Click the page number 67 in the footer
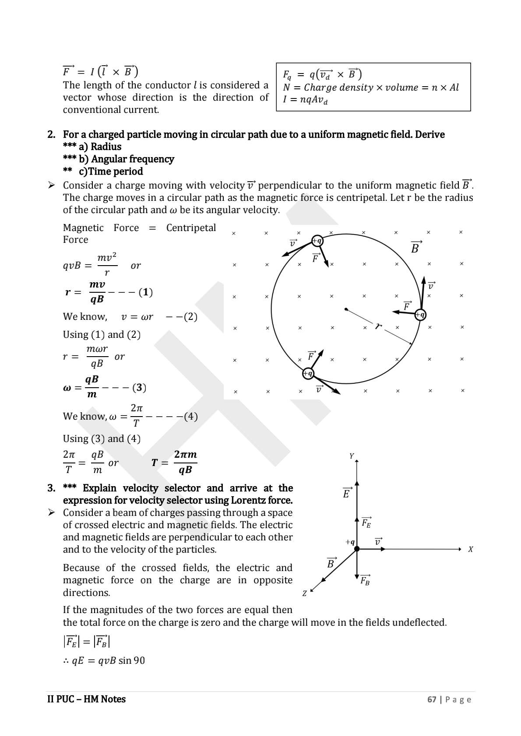pyautogui.click(x=432, y=699)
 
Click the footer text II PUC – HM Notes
pyautogui.click(x=86, y=699)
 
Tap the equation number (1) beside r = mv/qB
pyautogui.click(x=145, y=292)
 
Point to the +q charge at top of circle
pyautogui.click(x=317, y=241)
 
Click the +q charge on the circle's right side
pyautogui.click(x=420, y=314)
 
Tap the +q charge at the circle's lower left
pyautogui.click(x=308, y=373)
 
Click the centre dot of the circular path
pyautogui.click(x=346, y=309)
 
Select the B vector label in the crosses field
pyautogui.click(x=415, y=248)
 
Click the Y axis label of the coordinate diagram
pyautogui.click(x=352, y=456)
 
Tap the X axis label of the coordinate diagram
pyautogui.click(x=471, y=549)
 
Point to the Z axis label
pyautogui.click(x=304, y=594)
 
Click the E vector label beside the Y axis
pyautogui.click(x=346, y=493)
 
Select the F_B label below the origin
pyautogui.click(x=365, y=581)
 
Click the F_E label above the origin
pyautogui.click(x=366, y=522)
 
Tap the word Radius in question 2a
pyautogui.click(x=106, y=147)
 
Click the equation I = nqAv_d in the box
pyautogui.click(x=305, y=100)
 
